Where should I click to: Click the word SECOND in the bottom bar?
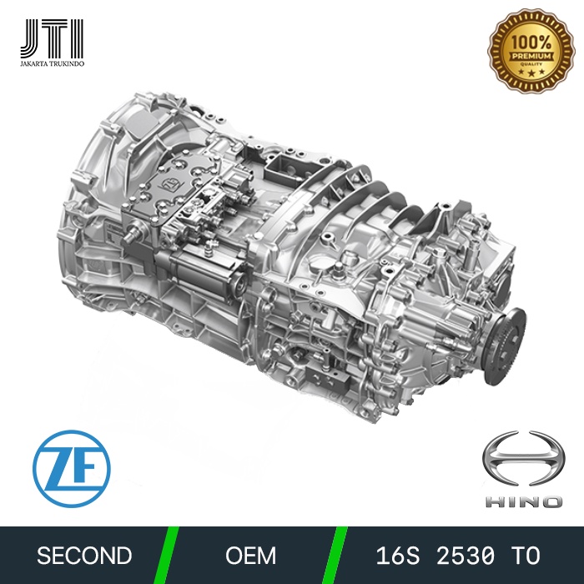coord(85,556)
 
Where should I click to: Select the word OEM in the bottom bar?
coord(251,556)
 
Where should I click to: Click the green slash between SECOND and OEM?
coord(170,556)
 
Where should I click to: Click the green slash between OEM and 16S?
coord(338,556)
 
